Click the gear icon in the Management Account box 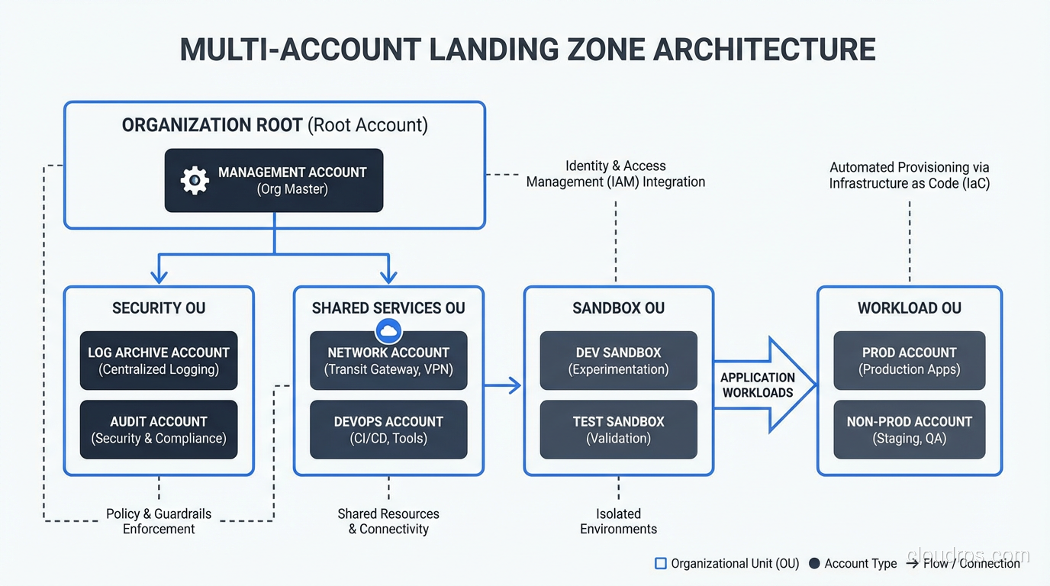(x=195, y=181)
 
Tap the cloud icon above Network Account (x=388, y=331)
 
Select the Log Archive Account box (x=159, y=361)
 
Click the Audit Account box (x=159, y=430)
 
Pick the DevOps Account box (x=388, y=430)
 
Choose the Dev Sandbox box (x=618, y=361)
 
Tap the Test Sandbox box (x=618, y=430)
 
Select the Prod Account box (x=909, y=361)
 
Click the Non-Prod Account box (x=909, y=430)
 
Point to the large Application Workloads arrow (x=763, y=385)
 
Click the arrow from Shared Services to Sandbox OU (x=504, y=385)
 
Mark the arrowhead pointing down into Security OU (x=159, y=276)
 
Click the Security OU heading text (x=159, y=308)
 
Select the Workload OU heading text (x=909, y=308)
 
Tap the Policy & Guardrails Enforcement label (x=159, y=521)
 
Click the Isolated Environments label (x=618, y=521)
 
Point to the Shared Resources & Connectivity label (x=388, y=521)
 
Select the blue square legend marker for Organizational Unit (x=661, y=564)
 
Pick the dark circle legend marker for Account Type (x=814, y=564)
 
